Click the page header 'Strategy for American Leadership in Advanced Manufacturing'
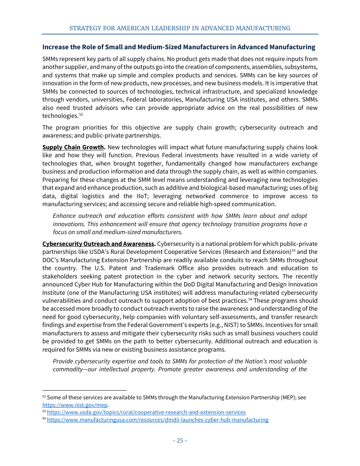[x=180, y=28]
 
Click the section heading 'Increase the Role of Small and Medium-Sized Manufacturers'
[x=178, y=47]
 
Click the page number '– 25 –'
[x=180, y=440]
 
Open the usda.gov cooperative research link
[x=146, y=412]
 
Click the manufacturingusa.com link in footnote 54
[x=157, y=420]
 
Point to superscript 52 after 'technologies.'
[x=81, y=114]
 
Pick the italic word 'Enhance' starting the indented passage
[x=64, y=216]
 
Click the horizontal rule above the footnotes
[x=84, y=390]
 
